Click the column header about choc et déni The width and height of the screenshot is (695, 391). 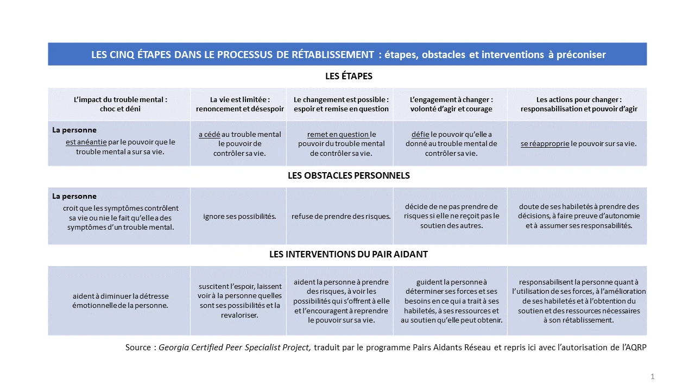(120, 104)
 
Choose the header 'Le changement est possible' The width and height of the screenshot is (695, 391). (341, 104)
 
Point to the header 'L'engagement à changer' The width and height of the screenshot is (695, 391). (451, 104)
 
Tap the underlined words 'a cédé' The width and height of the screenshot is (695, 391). (209, 135)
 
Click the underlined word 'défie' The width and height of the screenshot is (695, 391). (420, 135)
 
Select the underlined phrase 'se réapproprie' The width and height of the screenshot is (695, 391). (545, 144)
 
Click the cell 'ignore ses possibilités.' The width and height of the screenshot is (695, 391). (239, 216)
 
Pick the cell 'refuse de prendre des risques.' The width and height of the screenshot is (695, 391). (341, 216)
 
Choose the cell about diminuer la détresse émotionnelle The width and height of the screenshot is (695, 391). (121, 301)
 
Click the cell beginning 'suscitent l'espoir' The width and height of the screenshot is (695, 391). (239, 300)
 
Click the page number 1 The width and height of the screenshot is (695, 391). (653, 376)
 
